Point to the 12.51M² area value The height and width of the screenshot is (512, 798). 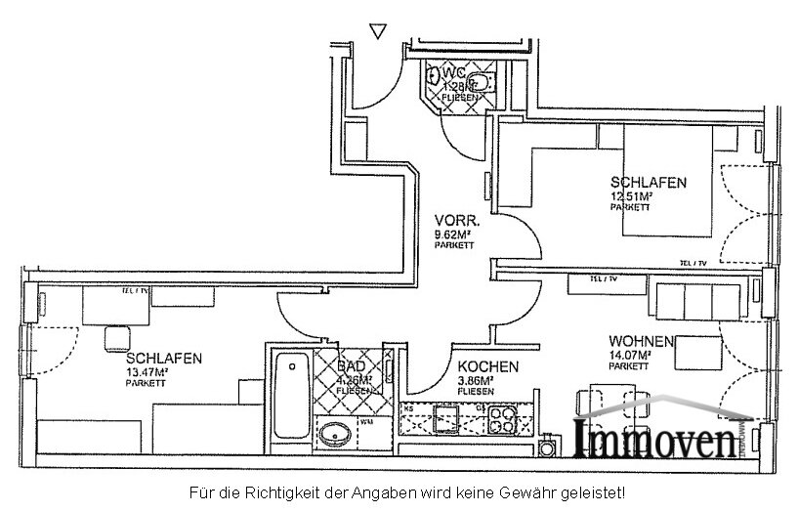click(633, 195)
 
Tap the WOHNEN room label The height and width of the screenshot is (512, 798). click(641, 341)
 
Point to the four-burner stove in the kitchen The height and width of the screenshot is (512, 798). click(508, 421)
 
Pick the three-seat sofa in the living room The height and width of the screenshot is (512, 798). click(698, 297)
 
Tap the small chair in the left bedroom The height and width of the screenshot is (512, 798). click(116, 336)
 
